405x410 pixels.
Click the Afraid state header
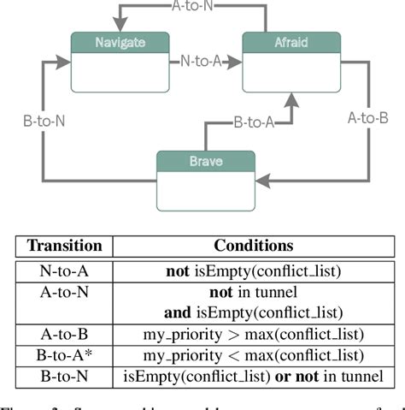point(291,41)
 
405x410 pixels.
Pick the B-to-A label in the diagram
point(254,123)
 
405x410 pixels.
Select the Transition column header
point(66,246)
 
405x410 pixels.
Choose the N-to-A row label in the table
point(66,271)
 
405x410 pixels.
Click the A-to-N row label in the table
point(66,292)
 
